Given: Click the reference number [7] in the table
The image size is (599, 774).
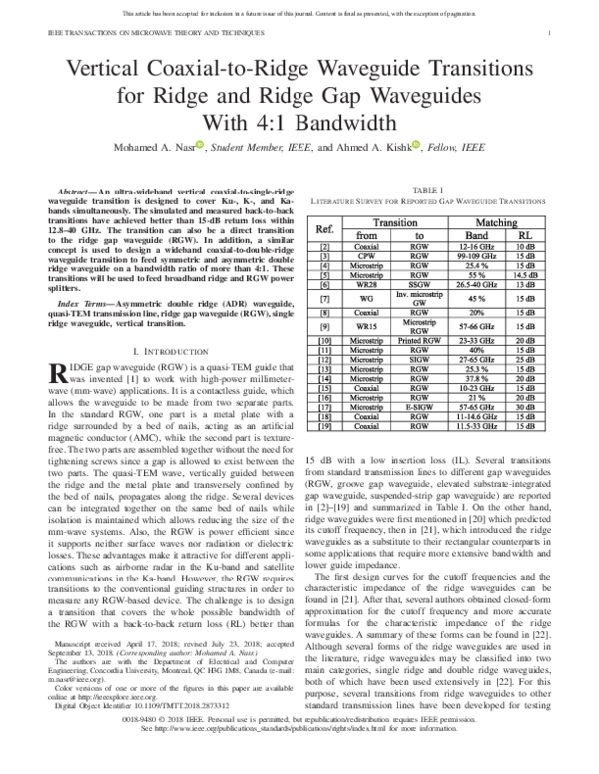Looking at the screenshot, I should [325, 297].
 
